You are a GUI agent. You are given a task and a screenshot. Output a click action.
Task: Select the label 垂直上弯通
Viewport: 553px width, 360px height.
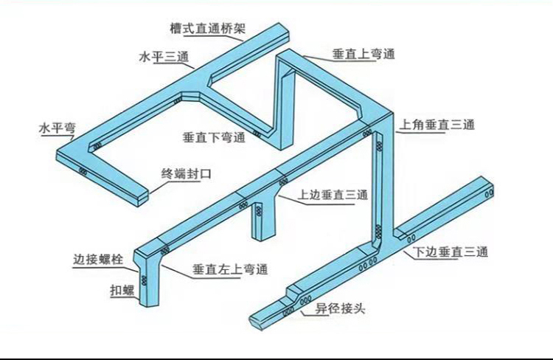[x=364, y=54]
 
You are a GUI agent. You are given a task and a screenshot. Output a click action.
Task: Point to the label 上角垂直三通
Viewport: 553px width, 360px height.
[x=437, y=126]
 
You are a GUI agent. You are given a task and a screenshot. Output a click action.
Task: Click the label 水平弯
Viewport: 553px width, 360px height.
[x=58, y=128]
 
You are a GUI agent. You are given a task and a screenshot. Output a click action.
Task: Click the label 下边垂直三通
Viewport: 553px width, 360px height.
[x=451, y=252]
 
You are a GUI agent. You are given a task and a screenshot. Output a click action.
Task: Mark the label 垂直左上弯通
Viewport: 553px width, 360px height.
[x=229, y=269]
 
